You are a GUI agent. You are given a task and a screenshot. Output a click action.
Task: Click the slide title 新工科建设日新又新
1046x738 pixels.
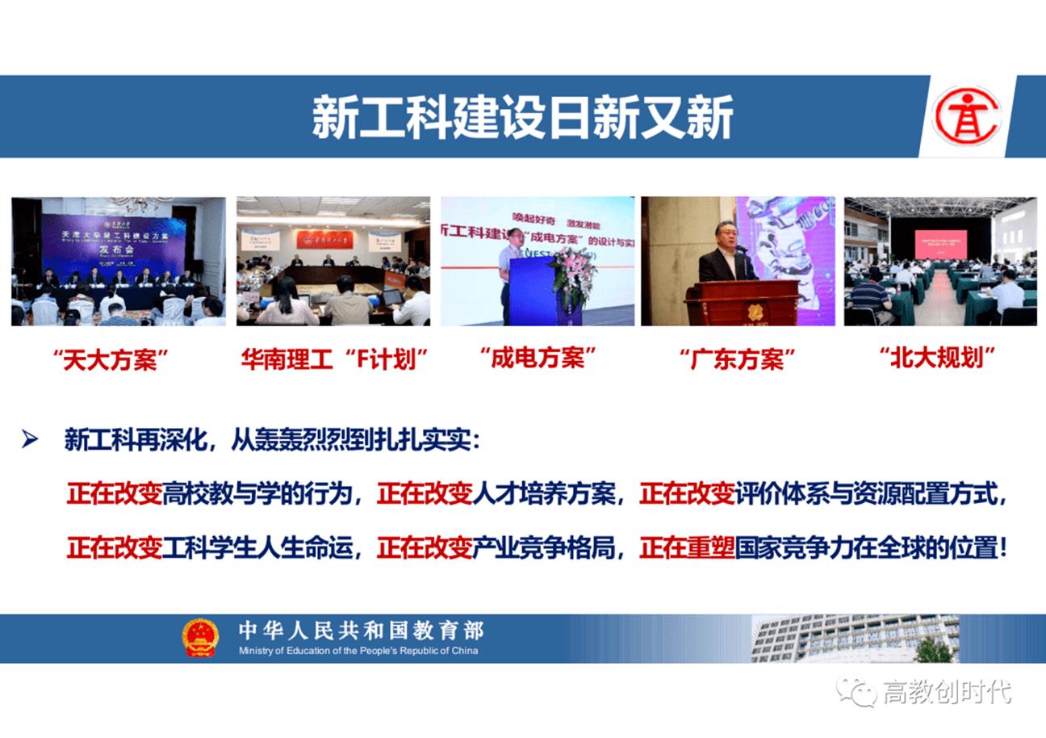point(522,118)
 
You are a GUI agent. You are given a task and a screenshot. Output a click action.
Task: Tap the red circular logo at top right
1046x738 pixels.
point(966,116)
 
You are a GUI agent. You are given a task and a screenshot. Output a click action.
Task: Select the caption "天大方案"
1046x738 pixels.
point(115,359)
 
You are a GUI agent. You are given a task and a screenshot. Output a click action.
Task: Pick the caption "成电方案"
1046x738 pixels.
point(538,358)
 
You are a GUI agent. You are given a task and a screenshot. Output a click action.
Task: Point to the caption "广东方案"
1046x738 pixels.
point(738,359)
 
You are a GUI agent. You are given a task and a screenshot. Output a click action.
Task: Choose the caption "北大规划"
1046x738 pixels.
point(937,358)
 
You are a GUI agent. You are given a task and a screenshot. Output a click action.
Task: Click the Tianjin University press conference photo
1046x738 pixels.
point(118,262)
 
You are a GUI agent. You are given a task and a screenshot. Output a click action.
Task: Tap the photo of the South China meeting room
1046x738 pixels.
point(333,262)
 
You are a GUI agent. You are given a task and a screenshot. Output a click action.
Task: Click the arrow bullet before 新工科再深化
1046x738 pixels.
point(31,440)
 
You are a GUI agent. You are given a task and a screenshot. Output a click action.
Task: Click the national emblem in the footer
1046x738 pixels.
point(200,638)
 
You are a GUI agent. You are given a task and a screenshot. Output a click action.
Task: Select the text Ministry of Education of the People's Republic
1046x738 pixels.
point(358,651)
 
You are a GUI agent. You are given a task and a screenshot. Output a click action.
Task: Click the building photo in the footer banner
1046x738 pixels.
point(856,638)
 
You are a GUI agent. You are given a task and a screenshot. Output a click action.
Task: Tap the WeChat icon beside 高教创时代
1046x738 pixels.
point(856,691)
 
